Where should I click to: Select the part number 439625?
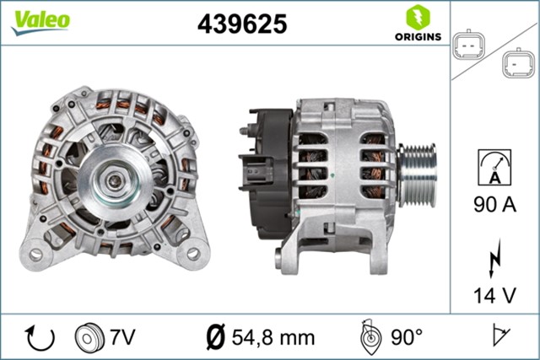point(241,24)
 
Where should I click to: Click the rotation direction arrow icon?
point(40,337)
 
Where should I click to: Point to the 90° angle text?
point(407,337)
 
